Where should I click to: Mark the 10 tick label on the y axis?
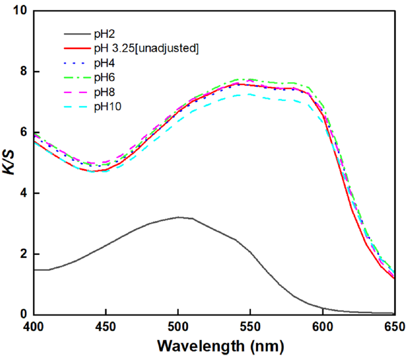click(21, 11)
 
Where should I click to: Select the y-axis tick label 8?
click(24, 72)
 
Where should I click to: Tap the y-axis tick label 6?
click(24, 132)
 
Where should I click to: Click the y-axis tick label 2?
click(24, 254)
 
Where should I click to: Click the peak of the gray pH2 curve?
click(178, 217)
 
